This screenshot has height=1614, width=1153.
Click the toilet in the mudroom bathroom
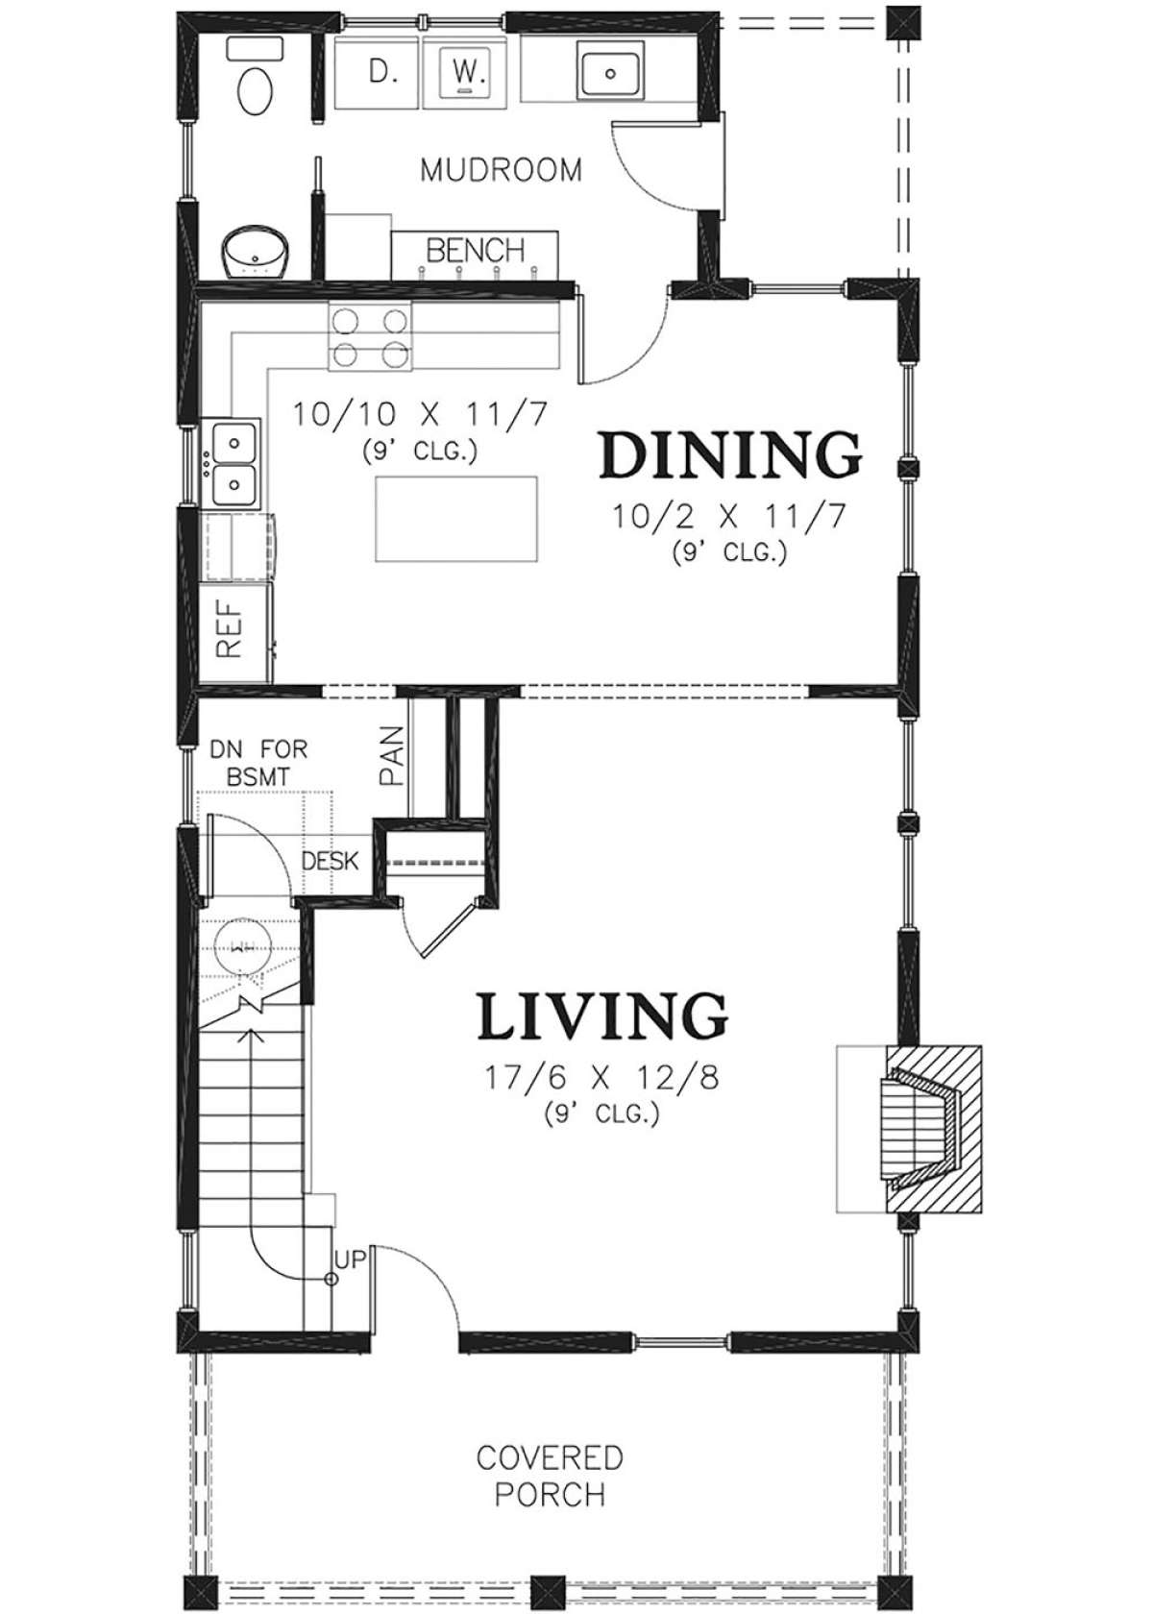click(x=255, y=78)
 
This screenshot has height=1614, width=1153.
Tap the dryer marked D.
click(x=379, y=71)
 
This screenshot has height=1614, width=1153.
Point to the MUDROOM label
click(x=501, y=171)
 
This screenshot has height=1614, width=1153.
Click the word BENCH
click(x=475, y=250)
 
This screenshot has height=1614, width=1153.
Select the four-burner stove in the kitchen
click(x=371, y=336)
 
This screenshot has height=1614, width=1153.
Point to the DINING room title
click(x=729, y=455)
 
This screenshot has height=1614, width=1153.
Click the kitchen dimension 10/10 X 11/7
click(x=420, y=416)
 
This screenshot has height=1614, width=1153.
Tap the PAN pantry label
click(x=390, y=755)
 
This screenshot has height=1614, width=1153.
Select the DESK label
click(x=331, y=861)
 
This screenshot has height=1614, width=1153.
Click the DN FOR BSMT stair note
click(x=258, y=763)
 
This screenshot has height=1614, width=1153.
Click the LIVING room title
click(x=601, y=1015)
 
